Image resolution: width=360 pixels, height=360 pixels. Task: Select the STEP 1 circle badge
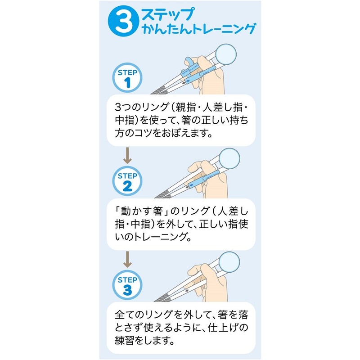click(x=127, y=77)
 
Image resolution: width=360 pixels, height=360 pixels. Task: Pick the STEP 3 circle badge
click(x=127, y=285)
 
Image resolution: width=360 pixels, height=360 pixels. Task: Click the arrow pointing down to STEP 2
click(x=127, y=156)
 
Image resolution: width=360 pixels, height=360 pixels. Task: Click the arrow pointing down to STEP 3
click(x=127, y=259)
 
